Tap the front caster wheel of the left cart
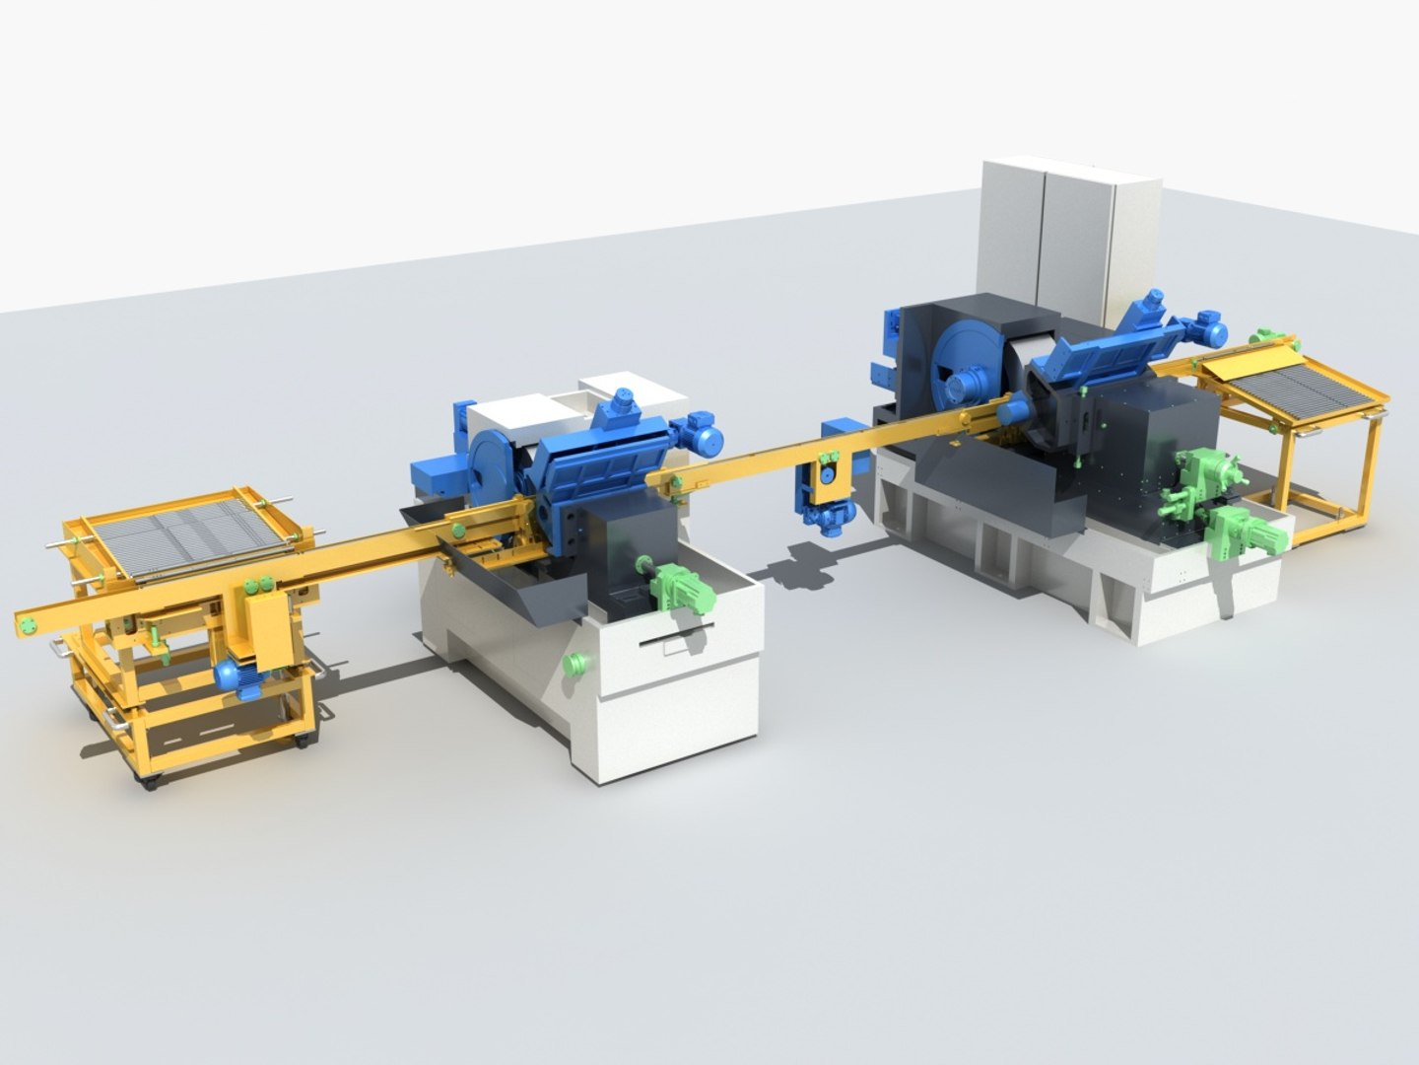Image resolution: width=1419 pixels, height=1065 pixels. (x=151, y=782)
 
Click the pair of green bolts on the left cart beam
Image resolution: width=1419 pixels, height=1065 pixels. (x=260, y=588)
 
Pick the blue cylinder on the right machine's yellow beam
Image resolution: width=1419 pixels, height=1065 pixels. (x=1010, y=412)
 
